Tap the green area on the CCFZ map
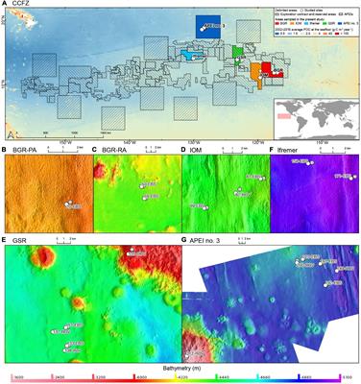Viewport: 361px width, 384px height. pos(239,51)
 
